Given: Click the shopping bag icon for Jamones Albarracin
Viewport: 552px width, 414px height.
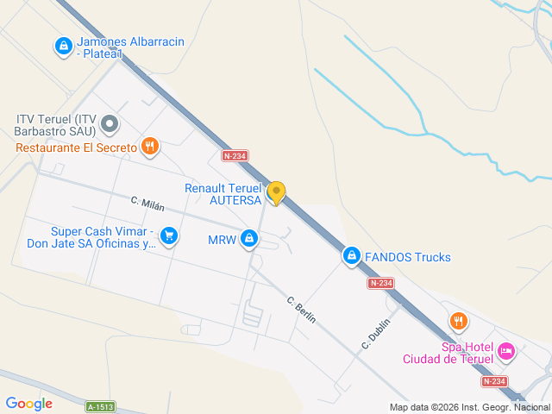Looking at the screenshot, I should (63, 46).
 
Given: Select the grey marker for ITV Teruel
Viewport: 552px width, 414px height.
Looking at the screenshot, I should (110, 125).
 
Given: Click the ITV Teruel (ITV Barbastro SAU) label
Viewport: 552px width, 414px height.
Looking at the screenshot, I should (56, 125).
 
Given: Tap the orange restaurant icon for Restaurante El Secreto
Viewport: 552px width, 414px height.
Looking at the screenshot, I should (150, 147).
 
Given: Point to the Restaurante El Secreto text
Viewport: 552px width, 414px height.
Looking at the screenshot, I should (76, 147).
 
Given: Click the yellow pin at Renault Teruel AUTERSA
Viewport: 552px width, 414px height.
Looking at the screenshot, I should (276, 192).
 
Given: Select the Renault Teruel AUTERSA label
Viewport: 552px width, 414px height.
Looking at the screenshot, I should (223, 194).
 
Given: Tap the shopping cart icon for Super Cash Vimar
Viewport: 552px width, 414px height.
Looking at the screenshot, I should (169, 235).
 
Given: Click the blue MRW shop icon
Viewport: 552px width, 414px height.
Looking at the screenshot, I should (249, 238).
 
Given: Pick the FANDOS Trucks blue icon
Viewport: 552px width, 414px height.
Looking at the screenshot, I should (351, 256).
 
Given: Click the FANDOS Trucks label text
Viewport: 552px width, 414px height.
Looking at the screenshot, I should (407, 257).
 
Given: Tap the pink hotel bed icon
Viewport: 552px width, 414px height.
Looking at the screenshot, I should (506, 352).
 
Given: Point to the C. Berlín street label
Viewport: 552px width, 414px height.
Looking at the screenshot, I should (301, 310).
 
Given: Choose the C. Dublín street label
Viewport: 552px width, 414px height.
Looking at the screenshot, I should (376, 334).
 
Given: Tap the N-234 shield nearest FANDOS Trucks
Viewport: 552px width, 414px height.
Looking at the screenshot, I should (380, 283).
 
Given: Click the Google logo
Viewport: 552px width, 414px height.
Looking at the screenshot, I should (28, 404).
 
